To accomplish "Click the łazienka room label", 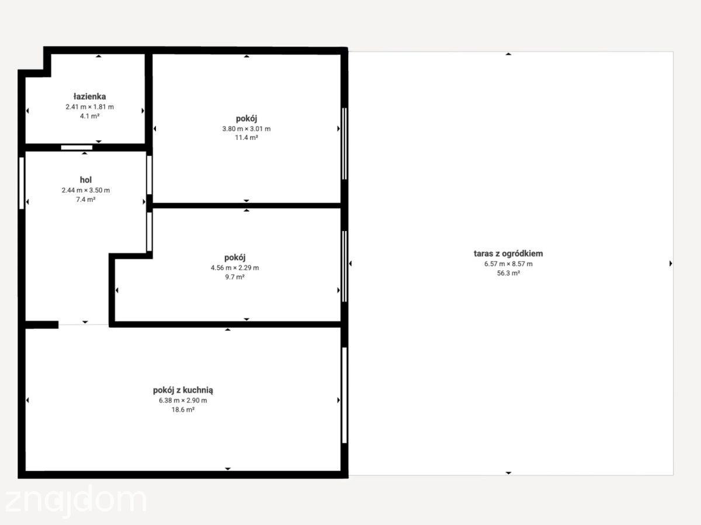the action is (90, 96).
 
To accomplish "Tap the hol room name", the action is (86, 180).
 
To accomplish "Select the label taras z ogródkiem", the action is (508, 254).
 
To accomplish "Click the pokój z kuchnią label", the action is (183, 390).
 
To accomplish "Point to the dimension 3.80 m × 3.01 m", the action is (247, 129).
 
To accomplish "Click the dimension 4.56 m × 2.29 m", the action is (235, 268).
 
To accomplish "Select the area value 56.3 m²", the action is (508, 273).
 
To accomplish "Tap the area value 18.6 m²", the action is (183, 409).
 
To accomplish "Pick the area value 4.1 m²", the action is (90, 116).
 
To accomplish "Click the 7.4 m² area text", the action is (86, 199).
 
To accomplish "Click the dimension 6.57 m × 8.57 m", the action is (508, 264).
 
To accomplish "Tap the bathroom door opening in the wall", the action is (77, 148).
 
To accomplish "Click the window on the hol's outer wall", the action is (22, 183).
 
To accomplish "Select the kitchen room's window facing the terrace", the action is (345, 395).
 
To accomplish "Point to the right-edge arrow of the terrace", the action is (671, 264).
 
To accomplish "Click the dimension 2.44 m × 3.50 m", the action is (86, 190).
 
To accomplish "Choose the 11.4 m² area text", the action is (247, 138).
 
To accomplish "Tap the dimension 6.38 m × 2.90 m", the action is (183, 400).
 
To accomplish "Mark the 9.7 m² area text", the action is (235, 277).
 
